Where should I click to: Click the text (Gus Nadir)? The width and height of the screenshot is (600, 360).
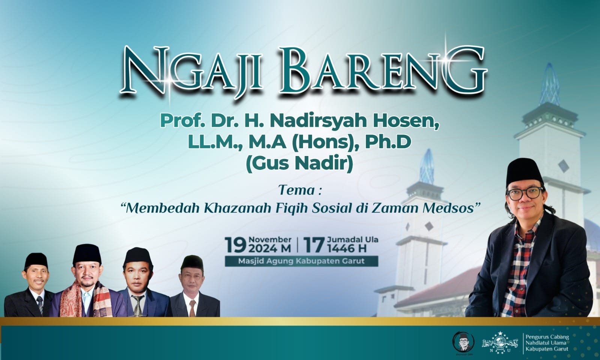pos(300,163)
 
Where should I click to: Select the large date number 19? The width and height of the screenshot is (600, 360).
pos(236,245)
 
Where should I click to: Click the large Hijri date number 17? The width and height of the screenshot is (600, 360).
pos(314,245)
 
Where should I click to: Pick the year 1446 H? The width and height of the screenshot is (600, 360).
pos(347,249)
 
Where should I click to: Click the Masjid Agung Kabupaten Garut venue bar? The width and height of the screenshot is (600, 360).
pos(301,261)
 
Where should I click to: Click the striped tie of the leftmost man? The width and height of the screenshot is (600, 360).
pos(40,304)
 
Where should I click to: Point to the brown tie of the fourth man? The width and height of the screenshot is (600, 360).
pos(192,308)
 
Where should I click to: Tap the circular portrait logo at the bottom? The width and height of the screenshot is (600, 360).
pos(463,342)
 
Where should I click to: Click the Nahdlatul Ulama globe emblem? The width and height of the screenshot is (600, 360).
pos(500,343)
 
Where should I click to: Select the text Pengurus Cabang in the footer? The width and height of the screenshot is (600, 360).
pos(547,337)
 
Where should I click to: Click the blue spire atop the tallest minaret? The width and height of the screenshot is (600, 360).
pos(549,84)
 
